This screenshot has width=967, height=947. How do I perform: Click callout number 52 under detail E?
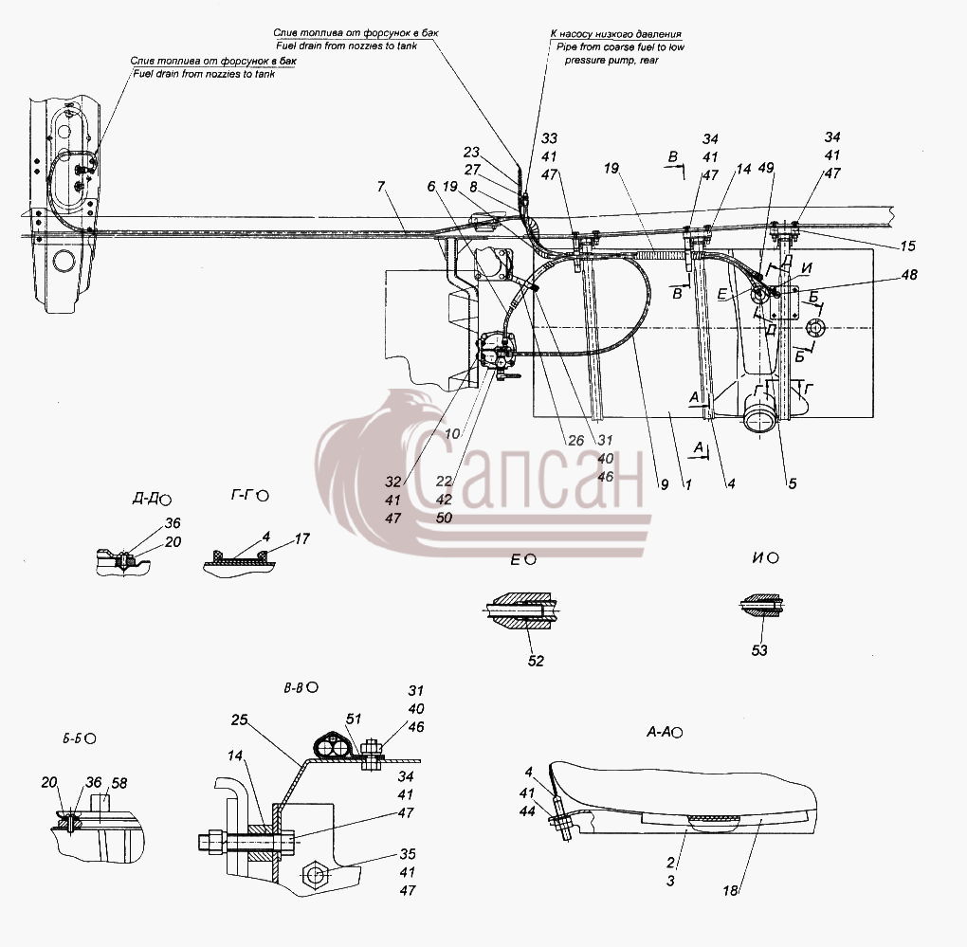pos(536,661)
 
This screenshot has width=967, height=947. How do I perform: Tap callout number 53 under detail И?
pos(759,650)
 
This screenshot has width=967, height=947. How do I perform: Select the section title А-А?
pos(659,732)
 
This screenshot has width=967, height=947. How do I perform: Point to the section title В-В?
pos(294,687)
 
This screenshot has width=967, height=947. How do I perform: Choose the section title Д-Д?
pos(145,499)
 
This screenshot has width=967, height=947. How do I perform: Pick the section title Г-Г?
pos(243,495)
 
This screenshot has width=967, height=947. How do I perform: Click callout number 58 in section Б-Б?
pos(119,783)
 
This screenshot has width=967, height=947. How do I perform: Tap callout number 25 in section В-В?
pos(239,719)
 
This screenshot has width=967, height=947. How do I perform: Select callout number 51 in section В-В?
pos(354,719)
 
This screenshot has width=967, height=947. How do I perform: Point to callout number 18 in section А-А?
pos(730,890)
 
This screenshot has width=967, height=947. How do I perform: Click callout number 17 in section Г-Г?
pos(301,538)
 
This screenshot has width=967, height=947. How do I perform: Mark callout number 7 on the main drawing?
pos(380,185)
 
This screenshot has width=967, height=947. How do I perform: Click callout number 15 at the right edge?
pos(907,246)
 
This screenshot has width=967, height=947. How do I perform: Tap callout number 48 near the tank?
pos(909,274)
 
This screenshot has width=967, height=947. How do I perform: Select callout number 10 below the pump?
pos(452,433)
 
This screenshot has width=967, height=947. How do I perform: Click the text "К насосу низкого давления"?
pos(615,34)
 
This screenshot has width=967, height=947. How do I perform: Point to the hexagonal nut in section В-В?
pos(317,874)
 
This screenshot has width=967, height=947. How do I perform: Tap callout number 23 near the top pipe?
pos(471,152)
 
